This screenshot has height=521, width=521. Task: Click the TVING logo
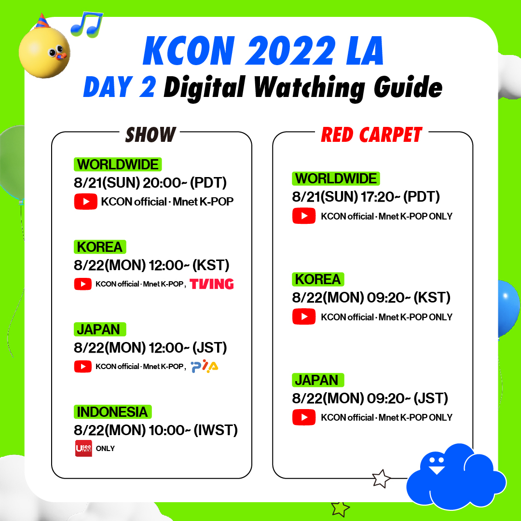[212, 284]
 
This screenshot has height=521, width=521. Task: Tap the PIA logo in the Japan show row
[205, 367]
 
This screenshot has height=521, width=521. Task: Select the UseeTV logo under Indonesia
[83, 448]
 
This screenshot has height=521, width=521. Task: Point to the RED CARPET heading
[371, 135]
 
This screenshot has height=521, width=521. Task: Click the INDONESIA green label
[113, 412]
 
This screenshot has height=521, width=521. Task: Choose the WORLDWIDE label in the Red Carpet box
[336, 178]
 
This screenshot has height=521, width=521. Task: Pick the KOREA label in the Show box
[100, 247]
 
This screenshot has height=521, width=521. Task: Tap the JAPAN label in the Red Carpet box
[317, 380]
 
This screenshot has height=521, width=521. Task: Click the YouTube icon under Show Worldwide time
[85, 202]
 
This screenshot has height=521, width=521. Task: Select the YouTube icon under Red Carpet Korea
[304, 317]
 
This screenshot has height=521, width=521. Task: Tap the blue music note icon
[87, 25]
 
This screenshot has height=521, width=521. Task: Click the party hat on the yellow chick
[43, 22]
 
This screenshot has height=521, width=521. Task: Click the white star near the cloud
[381, 479]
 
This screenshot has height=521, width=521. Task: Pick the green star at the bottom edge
[340, 508]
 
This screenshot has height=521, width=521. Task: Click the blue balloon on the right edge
[509, 309]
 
